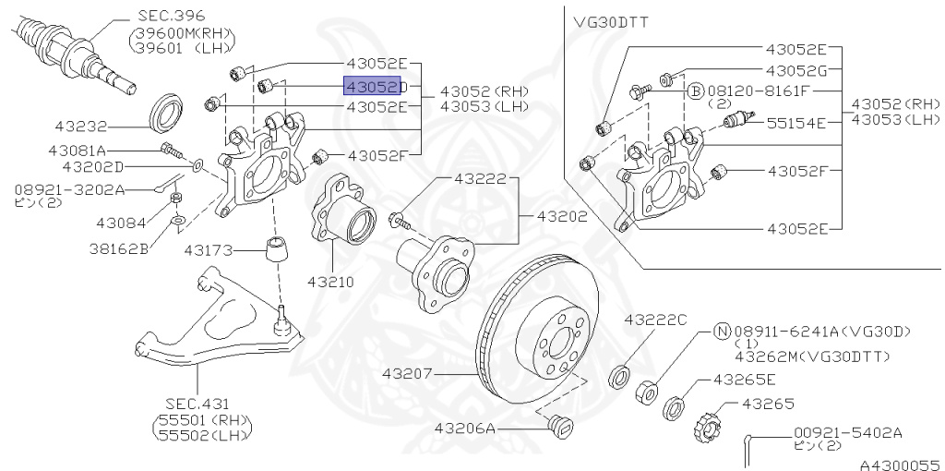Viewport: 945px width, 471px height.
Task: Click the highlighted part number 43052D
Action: point(374,86)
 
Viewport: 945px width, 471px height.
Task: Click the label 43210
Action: point(330,280)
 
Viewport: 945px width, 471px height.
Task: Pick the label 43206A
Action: point(466,429)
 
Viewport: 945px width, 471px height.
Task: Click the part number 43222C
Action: point(655,320)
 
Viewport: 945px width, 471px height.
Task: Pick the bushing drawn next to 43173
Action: point(275,249)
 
